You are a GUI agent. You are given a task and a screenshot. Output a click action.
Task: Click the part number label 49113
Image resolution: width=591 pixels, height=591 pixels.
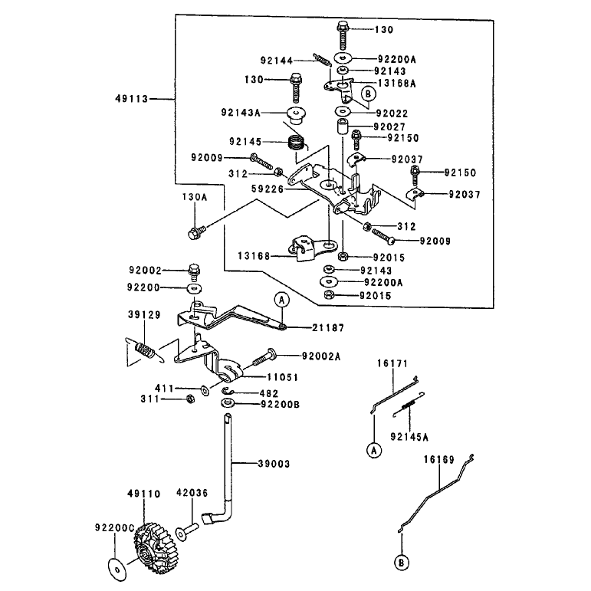pyautogui.click(x=132, y=99)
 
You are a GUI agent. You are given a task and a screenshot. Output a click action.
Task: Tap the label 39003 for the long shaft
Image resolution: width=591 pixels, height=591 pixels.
pyautogui.click(x=274, y=464)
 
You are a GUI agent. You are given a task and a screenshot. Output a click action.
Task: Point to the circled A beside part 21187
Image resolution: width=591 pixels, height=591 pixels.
pyautogui.click(x=281, y=300)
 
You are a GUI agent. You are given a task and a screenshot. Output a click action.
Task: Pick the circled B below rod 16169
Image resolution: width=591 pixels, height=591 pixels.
pyautogui.click(x=402, y=563)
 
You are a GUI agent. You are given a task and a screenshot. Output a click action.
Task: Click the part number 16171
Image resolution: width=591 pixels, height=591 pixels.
pyautogui.click(x=392, y=363)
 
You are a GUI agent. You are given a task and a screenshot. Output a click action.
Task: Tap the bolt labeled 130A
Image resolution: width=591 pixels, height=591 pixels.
pyautogui.click(x=197, y=231)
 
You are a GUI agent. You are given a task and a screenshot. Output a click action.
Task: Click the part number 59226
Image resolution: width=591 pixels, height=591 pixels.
pyautogui.click(x=268, y=189)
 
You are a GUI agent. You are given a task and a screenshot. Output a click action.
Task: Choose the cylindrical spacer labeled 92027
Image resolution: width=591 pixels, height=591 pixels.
pyautogui.click(x=343, y=126)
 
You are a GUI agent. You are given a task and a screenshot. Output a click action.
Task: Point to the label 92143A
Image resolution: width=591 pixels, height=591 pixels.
pyautogui.click(x=241, y=113)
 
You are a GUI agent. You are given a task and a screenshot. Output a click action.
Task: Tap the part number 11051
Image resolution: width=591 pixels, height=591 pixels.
pyautogui.click(x=283, y=377)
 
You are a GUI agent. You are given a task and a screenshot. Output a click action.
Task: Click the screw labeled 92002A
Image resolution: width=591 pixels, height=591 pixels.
pyautogui.click(x=263, y=357)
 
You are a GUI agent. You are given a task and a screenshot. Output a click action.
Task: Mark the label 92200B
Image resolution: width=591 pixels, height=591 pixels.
pyautogui.click(x=281, y=405)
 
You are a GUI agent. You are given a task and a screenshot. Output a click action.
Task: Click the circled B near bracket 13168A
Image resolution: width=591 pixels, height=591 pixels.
pyautogui.click(x=369, y=94)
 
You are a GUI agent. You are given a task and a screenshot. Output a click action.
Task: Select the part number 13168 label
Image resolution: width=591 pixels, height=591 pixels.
pyautogui.click(x=254, y=256)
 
